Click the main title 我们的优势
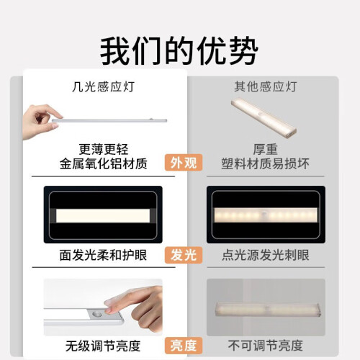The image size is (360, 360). tap(179, 50)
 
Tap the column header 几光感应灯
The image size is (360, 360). tap(103, 87)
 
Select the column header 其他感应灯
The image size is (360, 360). tap(266, 86)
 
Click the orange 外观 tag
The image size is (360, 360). tap(184, 163)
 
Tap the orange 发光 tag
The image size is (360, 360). tap(184, 255)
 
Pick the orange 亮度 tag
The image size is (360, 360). tap(184, 346)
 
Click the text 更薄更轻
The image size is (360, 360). tap(104, 149)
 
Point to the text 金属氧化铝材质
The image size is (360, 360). tap(104, 163)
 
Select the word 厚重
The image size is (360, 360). tap(266, 149)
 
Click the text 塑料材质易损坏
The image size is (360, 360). tap(266, 163)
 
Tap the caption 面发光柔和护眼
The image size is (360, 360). tap(103, 255)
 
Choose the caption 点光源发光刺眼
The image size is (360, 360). tap(266, 255)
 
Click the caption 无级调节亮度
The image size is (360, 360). tap(103, 346)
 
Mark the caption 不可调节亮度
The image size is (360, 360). tap(266, 346)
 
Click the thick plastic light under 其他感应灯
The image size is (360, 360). tap(264, 117)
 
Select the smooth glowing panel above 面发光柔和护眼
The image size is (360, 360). tap(103, 215)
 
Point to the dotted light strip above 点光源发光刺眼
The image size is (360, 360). tap(266, 215)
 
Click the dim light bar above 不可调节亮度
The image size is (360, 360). tap(268, 310)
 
